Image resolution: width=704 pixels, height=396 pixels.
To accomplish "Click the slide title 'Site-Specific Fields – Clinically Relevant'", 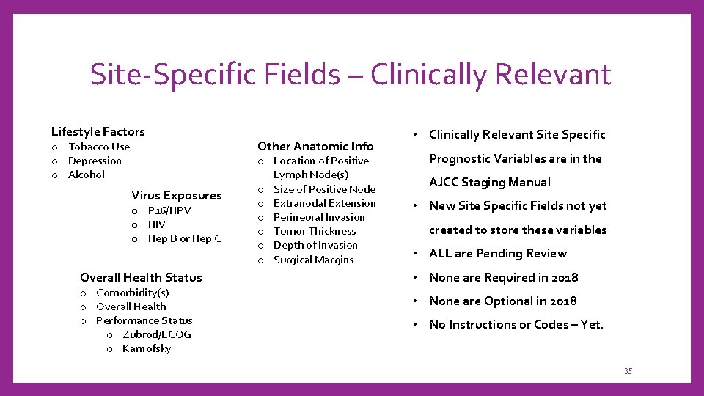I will pos(350,74).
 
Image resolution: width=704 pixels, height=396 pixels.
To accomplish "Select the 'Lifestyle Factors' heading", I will pos(98,132).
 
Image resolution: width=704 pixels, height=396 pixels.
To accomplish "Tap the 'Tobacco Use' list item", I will pos(99,147).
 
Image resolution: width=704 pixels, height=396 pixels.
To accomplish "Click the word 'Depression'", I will pos(95,161).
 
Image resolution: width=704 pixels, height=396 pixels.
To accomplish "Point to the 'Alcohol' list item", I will pos(87,175).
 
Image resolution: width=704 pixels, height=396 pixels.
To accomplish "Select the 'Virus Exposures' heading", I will pos(176,195).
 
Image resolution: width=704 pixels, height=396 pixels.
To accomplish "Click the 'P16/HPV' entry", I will pos(169,210).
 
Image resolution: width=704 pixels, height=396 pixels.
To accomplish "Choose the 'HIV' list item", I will pos(157,224).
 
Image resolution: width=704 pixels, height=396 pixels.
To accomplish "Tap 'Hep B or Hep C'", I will pos(184,238).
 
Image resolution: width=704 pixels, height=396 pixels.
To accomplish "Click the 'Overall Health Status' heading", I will pos(141,277).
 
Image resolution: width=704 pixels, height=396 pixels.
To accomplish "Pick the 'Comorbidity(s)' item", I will pos(133,293).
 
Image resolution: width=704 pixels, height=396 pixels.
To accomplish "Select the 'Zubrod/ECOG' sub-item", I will pos(157,334).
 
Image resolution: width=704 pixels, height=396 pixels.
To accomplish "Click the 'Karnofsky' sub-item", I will pos(147,348).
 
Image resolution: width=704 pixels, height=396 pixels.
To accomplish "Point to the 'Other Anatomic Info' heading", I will pos(315,146).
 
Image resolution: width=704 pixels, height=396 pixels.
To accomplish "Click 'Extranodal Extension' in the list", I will pos(324,203).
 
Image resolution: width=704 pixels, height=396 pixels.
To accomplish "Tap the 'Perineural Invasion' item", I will pos(319,217).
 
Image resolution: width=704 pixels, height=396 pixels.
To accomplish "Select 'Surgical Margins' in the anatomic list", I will pos(313,260).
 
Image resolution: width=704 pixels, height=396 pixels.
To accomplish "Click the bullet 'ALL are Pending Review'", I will pos(497,254).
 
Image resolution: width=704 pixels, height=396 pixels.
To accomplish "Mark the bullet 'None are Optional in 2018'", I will pos(502,301).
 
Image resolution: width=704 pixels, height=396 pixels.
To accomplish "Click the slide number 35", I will pos(628,371).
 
